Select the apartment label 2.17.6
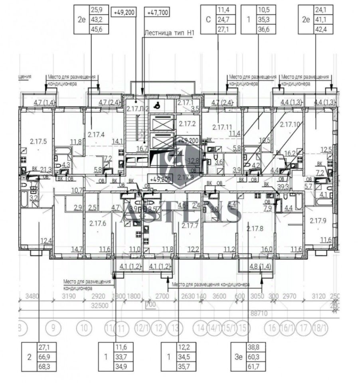(x=97, y=223)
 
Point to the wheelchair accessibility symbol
(x=158, y=105)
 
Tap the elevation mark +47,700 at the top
(x=158, y=13)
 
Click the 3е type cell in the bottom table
(x=237, y=356)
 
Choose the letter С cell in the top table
(x=208, y=19)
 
